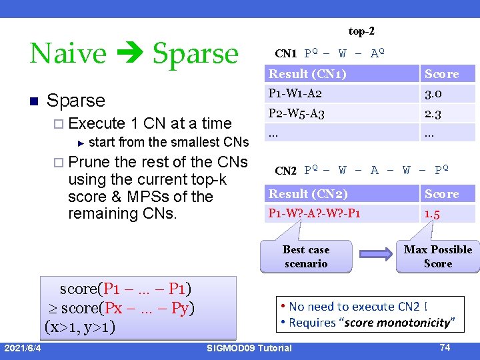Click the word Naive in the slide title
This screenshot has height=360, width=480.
click(x=67, y=53)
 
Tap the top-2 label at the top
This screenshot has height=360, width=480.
click(x=366, y=31)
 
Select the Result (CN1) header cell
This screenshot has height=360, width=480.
click(x=307, y=74)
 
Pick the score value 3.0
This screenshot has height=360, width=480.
click(x=433, y=93)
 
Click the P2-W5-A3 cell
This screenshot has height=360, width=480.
click(x=297, y=113)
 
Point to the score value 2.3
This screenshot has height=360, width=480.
click(x=433, y=113)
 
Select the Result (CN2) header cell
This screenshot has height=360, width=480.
click(x=307, y=194)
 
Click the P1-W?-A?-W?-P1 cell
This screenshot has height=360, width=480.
click(x=314, y=213)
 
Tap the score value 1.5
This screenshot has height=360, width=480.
click(x=433, y=213)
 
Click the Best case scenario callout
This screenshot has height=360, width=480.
click(x=305, y=257)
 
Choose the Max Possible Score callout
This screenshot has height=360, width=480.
click(x=437, y=257)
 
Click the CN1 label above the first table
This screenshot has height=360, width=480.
click(x=286, y=53)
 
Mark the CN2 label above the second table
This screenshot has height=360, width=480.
click(x=286, y=171)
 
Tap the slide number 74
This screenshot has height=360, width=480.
click(x=445, y=347)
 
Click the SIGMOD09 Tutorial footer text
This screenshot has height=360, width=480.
click(x=249, y=348)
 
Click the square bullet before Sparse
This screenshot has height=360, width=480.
click(x=33, y=101)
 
